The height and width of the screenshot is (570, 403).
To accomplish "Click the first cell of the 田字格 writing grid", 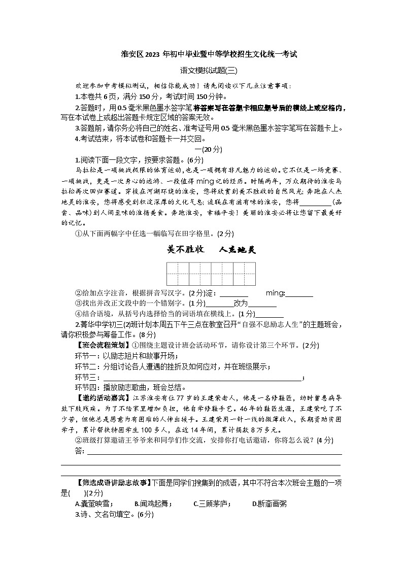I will point(173,274).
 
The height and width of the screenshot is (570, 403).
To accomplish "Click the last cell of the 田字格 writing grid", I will point(249,274).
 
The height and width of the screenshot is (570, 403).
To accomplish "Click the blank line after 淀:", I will point(234,294).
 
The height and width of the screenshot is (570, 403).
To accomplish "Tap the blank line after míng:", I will point(299,294).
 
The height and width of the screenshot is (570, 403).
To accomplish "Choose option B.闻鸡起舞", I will point(153,504).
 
